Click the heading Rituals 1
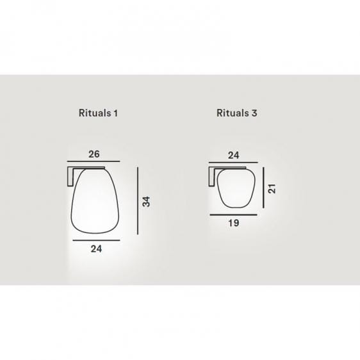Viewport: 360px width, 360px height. point(98,113)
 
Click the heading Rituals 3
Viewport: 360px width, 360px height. point(237,113)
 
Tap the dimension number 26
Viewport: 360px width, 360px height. point(94,154)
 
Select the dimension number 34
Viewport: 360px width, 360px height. point(146,202)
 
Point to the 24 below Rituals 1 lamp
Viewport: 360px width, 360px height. point(96,249)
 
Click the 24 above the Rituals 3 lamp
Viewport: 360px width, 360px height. point(234,156)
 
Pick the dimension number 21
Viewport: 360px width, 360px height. point(272,188)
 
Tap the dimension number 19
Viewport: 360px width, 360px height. point(234,223)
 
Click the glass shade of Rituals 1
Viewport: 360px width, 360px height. point(95,201)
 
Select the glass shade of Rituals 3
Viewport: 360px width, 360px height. point(236,188)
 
